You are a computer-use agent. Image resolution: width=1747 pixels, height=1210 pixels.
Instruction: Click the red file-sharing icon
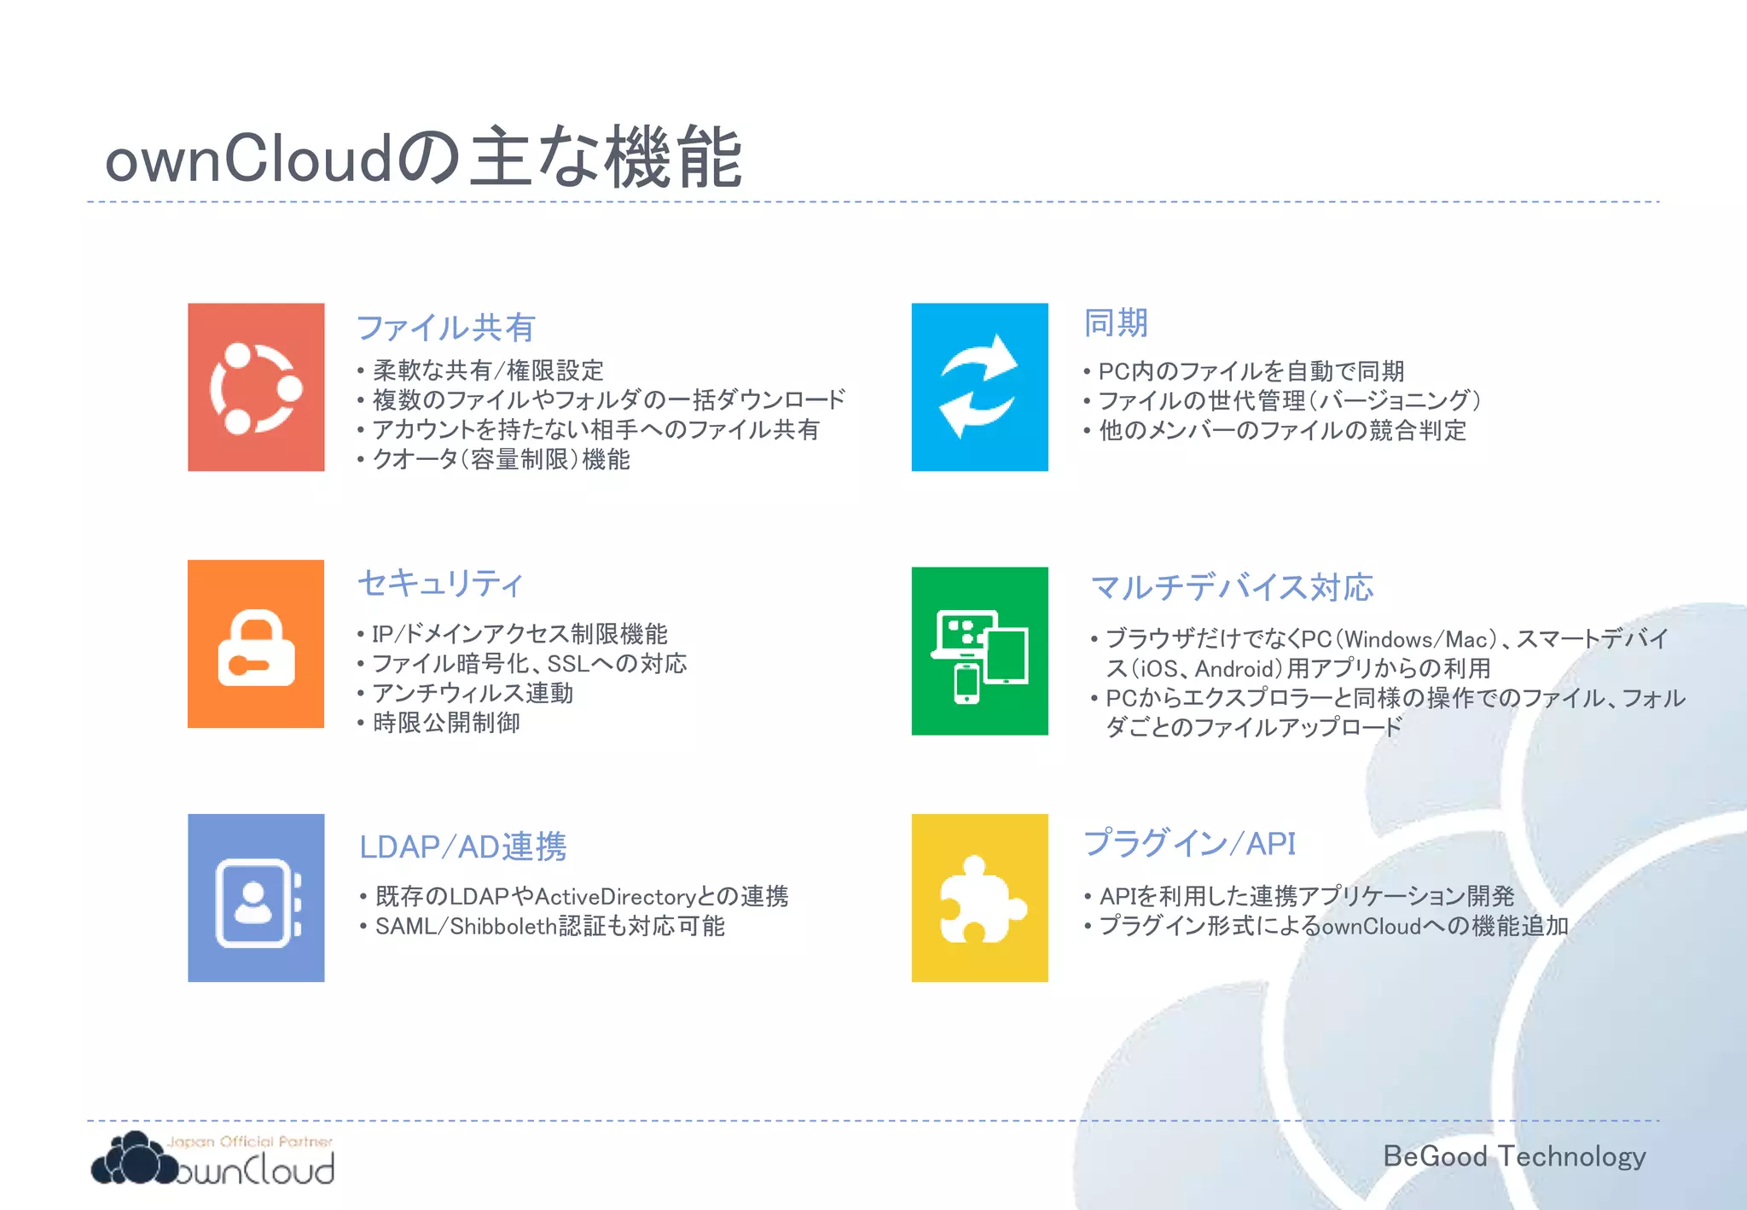coord(256,387)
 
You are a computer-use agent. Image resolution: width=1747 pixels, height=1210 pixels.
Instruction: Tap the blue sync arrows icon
coord(979,387)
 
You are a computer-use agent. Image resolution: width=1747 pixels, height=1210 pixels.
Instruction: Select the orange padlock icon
coord(256,644)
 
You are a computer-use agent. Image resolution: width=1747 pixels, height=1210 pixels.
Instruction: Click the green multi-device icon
coord(979,651)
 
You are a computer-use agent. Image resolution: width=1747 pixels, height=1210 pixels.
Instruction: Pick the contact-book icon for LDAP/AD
coord(256,898)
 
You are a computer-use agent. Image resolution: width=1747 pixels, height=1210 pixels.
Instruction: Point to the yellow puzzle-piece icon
coord(979,898)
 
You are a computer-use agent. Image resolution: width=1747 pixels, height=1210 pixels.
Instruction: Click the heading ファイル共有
coord(445,328)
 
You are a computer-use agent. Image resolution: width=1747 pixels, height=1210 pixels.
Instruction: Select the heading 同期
coord(1116,323)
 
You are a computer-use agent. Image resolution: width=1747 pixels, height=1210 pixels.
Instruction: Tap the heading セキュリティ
coord(439,584)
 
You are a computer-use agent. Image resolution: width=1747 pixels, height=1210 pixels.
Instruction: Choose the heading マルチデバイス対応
coord(1232,587)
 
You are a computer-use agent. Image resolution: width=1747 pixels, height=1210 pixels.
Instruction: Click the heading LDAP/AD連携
coord(462,846)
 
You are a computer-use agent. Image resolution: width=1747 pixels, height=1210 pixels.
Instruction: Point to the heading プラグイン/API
coord(1189,843)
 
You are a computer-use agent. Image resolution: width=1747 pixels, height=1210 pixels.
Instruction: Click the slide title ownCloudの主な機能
coord(423,159)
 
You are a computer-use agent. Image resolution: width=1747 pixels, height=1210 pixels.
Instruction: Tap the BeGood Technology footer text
coord(1514,1156)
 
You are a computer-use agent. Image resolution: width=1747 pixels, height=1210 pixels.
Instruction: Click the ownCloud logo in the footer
coord(213,1161)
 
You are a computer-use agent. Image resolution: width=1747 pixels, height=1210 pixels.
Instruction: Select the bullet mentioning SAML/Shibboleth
coord(549,926)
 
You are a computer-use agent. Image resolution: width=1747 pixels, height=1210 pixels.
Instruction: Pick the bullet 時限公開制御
coord(446,723)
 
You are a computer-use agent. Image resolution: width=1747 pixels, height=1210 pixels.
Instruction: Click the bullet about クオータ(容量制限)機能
coord(501,459)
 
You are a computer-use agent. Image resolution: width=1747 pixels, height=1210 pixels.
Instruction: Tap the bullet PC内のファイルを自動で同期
coord(1251,371)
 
